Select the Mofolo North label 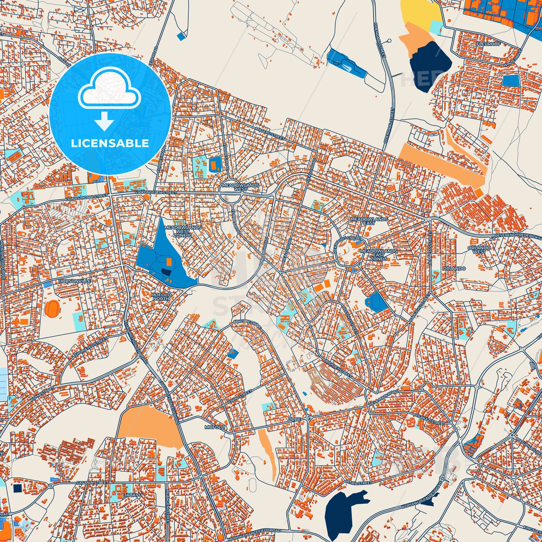click(161, 297)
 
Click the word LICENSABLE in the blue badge click(110, 143)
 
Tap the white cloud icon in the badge click(110, 95)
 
